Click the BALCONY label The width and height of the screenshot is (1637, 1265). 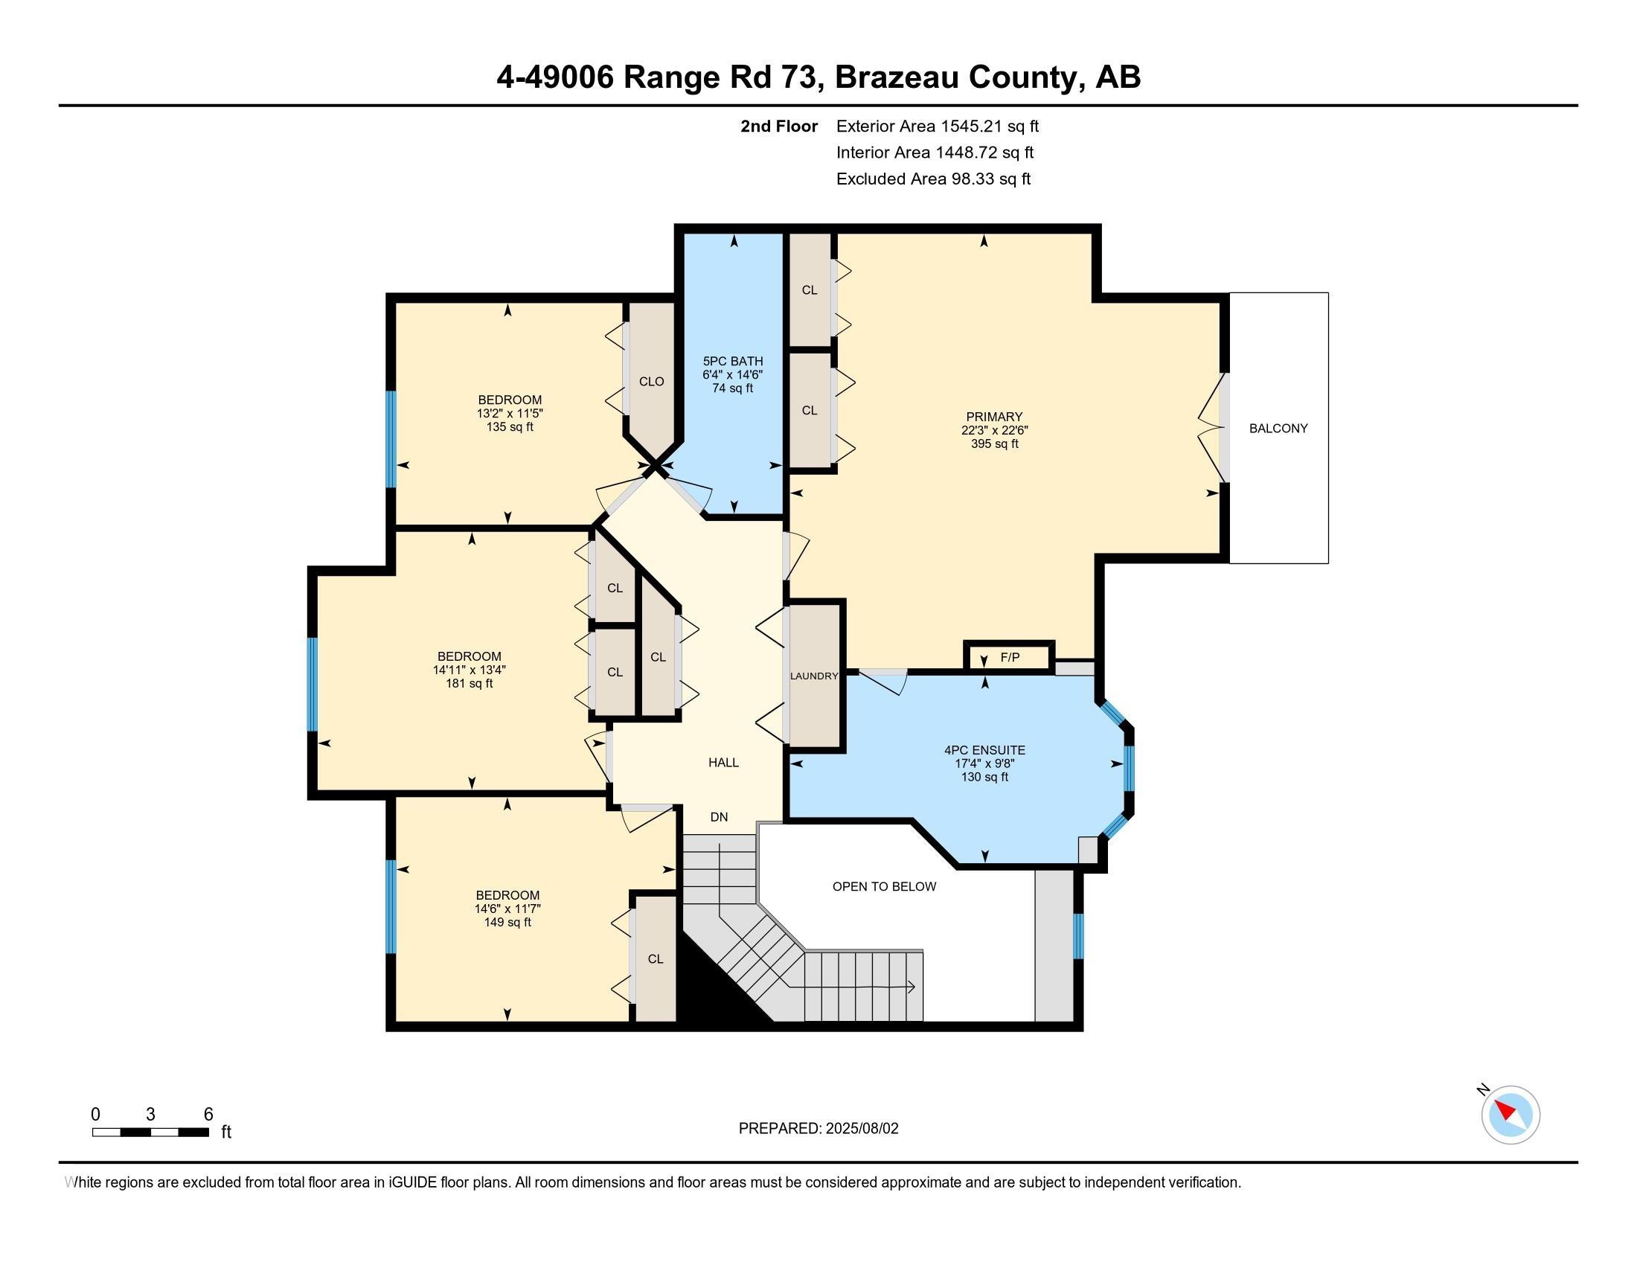tap(1278, 429)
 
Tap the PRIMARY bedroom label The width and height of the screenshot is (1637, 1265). tap(994, 417)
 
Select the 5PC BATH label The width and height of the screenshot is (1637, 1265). tap(732, 361)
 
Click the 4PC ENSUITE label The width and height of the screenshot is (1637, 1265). tap(984, 750)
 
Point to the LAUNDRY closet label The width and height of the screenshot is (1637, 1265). tap(813, 676)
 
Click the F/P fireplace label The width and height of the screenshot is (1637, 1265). tap(1010, 658)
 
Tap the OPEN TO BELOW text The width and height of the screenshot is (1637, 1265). tap(884, 886)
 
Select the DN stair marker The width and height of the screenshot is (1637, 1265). tap(719, 817)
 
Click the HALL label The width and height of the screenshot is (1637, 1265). tap(723, 762)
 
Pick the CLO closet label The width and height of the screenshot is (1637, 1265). tap(651, 382)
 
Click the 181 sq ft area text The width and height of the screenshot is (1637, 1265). tap(470, 683)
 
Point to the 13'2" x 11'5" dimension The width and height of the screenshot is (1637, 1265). tap(510, 414)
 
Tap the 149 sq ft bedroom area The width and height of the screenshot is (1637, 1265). tap(507, 923)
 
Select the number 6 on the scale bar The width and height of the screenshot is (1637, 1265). tap(208, 1115)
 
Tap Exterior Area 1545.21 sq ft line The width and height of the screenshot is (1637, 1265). tap(937, 126)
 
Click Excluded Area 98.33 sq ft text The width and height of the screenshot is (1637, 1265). tap(933, 179)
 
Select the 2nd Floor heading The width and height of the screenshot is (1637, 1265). tap(778, 126)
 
